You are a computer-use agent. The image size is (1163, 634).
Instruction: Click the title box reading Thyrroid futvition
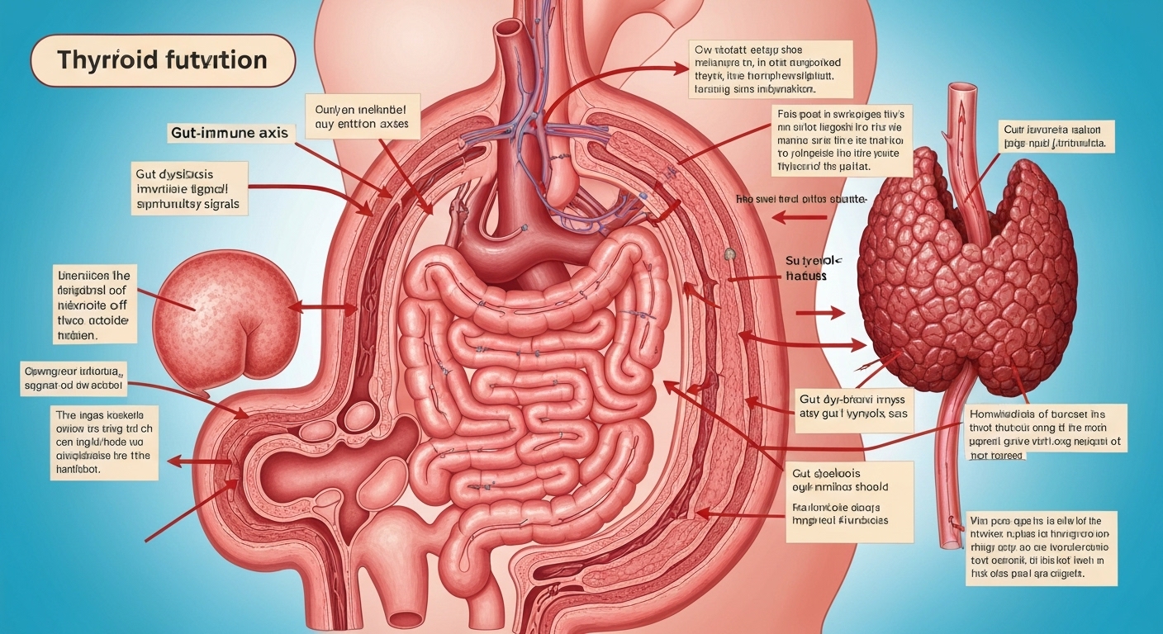click(163, 61)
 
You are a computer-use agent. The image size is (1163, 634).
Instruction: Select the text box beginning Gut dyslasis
click(190, 187)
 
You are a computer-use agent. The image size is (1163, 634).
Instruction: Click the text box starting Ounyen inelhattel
click(363, 116)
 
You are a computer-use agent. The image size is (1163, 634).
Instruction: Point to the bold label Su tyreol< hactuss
click(805, 267)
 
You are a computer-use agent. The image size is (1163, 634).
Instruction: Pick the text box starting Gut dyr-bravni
click(854, 408)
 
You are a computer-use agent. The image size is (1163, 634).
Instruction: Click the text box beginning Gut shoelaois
click(849, 501)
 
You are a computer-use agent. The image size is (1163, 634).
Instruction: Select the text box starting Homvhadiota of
click(1046, 433)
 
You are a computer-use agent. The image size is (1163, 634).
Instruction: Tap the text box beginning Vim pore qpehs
click(1042, 547)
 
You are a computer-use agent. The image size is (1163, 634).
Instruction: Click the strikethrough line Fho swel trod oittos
click(800, 200)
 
